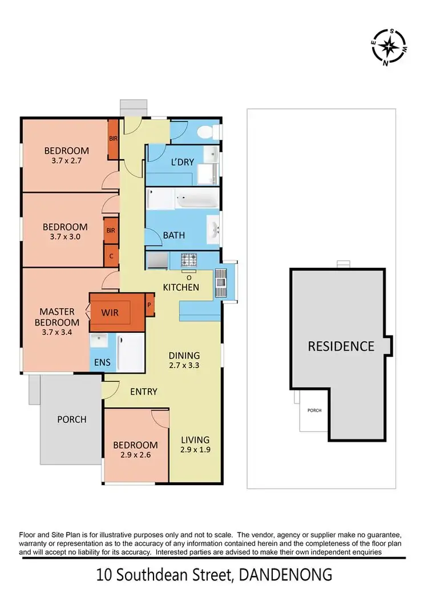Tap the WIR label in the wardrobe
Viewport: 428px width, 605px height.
110,313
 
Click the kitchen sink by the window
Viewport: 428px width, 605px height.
220,281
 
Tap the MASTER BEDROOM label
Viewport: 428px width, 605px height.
57,317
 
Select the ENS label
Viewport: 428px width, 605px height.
102,362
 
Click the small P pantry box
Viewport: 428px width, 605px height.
150,304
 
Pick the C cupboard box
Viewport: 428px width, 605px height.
111,256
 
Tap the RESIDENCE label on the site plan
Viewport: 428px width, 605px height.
341,346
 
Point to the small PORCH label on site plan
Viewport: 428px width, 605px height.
314,410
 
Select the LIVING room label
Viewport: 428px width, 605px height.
195,440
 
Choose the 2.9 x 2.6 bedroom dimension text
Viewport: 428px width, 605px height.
135,455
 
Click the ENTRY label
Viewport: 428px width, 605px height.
143,392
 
